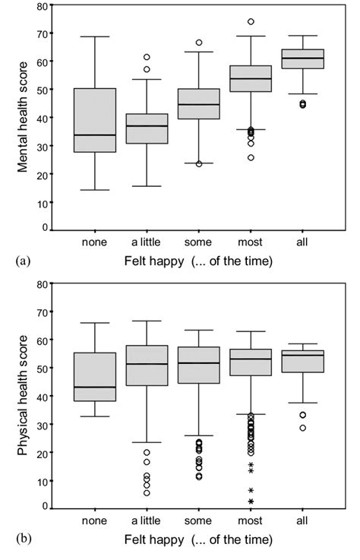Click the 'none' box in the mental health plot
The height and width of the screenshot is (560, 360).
pyautogui.click(x=95, y=120)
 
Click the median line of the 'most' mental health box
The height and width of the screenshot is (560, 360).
pyautogui.click(x=250, y=78)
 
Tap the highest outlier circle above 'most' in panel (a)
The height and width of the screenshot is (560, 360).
pyautogui.click(x=250, y=21)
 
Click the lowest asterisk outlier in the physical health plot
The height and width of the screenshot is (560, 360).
pyautogui.click(x=250, y=501)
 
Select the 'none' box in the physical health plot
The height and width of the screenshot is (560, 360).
pyautogui.click(x=95, y=377)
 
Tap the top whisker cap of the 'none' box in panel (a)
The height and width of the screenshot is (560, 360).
pyautogui.click(x=95, y=36)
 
